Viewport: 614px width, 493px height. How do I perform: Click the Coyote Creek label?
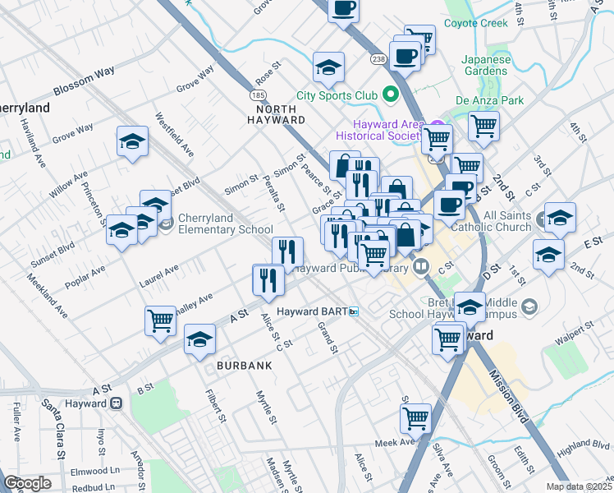point(476,23)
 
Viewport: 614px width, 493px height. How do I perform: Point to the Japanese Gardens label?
point(486,66)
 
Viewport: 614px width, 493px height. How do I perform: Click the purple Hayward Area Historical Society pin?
point(438,128)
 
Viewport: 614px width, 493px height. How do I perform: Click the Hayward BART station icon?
point(355,311)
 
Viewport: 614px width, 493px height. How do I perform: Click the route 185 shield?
point(258,95)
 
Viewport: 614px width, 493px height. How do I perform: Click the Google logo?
point(27,483)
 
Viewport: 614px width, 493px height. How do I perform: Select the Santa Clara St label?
point(60,427)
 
